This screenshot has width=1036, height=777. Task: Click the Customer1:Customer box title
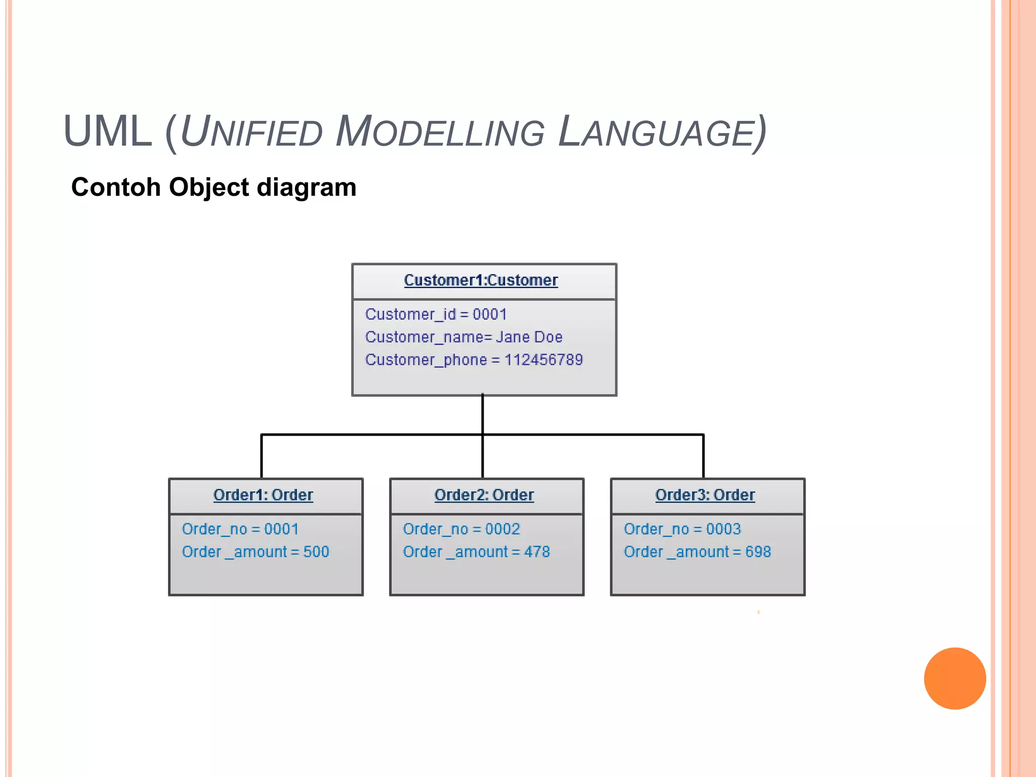click(x=481, y=280)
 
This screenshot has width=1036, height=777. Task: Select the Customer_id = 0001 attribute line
click(x=436, y=314)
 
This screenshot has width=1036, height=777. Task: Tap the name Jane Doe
click(x=529, y=337)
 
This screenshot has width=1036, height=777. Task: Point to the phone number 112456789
click(x=543, y=360)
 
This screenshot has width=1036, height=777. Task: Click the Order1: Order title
click(x=263, y=495)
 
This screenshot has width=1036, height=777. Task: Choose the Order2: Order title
click(x=484, y=495)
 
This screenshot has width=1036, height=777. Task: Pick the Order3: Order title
click(x=705, y=495)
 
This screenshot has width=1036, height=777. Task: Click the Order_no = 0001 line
click(x=240, y=529)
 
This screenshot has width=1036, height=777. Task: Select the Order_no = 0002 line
click(x=461, y=529)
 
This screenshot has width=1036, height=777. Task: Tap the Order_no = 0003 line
click(x=682, y=529)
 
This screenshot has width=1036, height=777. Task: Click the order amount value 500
click(x=316, y=552)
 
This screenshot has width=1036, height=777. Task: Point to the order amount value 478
click(x=537, y=552)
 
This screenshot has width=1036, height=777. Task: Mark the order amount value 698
click(x=758, y=552)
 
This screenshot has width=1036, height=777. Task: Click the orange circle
click(x=955, y=678)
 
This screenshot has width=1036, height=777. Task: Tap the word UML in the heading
click(x=108, y=132)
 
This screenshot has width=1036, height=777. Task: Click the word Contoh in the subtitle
click(x=116, y=187)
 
